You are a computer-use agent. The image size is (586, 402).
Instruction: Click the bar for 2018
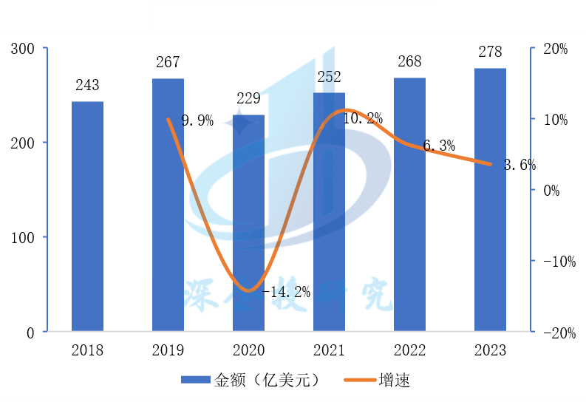coord(87,217)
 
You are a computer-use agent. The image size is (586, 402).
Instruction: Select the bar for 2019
coord(168,205)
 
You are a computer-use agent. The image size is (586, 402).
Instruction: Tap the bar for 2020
coord(248,223)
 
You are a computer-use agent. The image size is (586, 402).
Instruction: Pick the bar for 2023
coord(490,200)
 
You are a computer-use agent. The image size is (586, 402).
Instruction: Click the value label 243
coord(87,86)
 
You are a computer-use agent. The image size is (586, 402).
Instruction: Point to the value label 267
coord(168,63)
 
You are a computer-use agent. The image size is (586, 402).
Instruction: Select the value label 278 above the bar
coord(490,52)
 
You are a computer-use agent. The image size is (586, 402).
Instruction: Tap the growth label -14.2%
coord(286,292)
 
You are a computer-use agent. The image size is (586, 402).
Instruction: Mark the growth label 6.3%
coord(439,146)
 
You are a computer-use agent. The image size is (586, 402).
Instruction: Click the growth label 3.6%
coord(519,166)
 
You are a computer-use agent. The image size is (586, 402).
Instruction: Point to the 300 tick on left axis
coord(23,49)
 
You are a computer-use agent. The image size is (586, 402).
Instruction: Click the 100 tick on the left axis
coord(23,238)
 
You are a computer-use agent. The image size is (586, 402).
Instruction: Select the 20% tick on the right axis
coord(555,49)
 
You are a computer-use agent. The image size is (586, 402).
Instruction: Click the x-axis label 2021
coord(329,350)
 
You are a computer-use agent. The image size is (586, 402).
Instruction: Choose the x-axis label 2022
coord(409,350)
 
